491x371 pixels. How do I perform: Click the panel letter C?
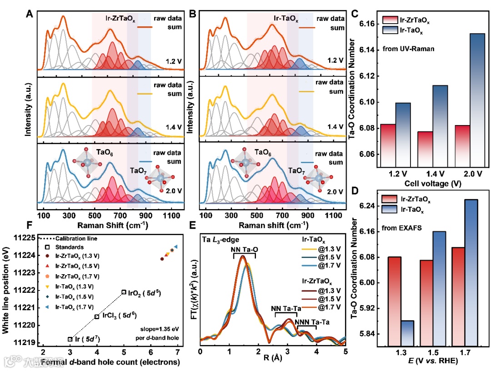pos(356,14)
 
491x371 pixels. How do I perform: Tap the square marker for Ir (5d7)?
pos(70,339)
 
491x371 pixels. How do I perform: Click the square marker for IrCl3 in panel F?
pos(97,316)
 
